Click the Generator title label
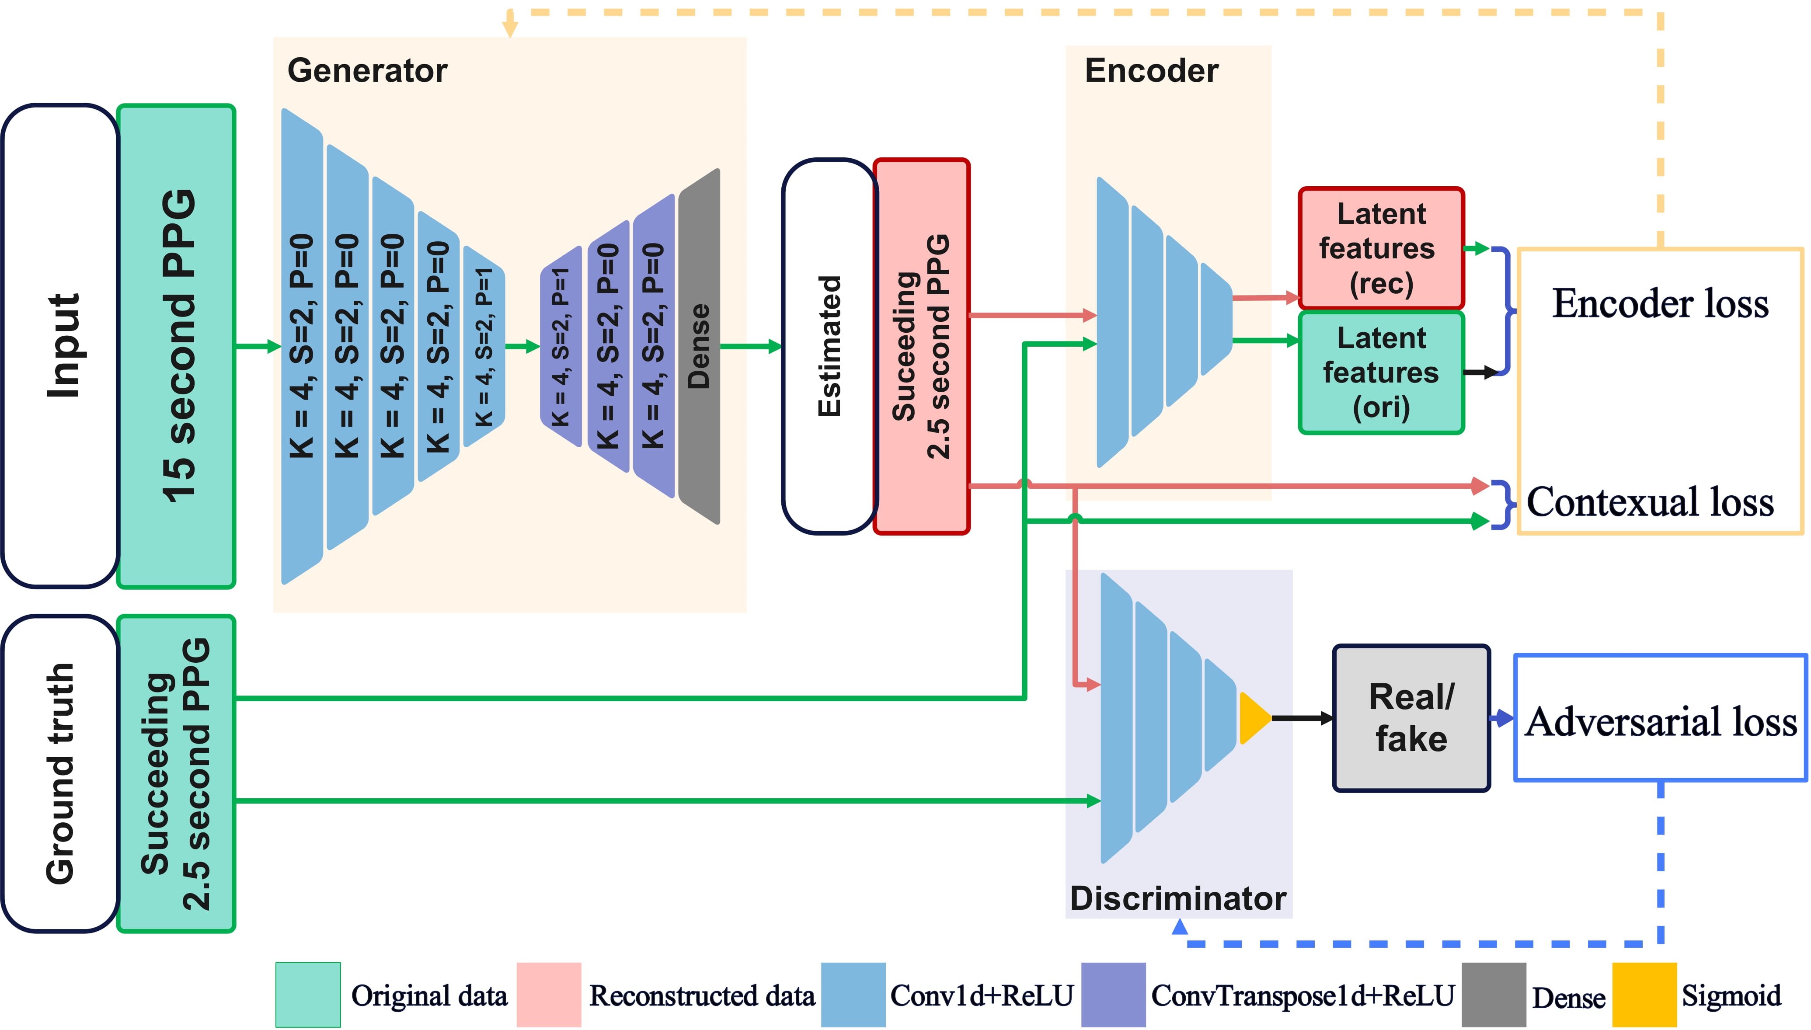(x=367, y=71)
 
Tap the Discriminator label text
(x=1178, y=898)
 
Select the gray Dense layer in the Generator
(x=699, y=347)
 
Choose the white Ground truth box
(x=61, y=773)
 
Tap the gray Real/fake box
(x=1411, y=718)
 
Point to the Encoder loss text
(x=1660, y=304)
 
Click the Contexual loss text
(x=1650, y=502)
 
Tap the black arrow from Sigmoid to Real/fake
(x=1302, y=718)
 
